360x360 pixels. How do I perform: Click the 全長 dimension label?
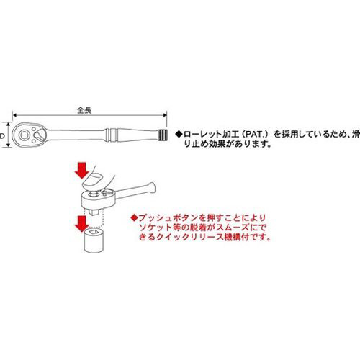(x=84, y=110)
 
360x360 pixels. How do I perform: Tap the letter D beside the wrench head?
(x=2, y=136)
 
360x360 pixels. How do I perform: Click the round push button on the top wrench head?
(x=24, y=135)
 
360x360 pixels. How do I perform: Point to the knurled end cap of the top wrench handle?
(x=163, y=135)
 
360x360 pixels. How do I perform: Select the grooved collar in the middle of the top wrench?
(x=111, y=135)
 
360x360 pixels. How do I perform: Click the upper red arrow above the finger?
(x=82, y=170)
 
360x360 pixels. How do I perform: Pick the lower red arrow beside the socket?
(x=82, y=223)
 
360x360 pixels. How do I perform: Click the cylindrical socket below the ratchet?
(x=94, y=240)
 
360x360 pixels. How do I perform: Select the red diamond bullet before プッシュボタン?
(x=134, y=218)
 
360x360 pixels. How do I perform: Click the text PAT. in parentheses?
(x=256, y=134)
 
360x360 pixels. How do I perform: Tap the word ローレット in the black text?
(x=202, y=134)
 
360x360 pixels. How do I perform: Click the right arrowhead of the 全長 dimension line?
(x=165, y=115)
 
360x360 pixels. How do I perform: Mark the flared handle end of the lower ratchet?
(x=150, y=187)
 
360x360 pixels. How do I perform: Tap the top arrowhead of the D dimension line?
(x=9, y=124)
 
